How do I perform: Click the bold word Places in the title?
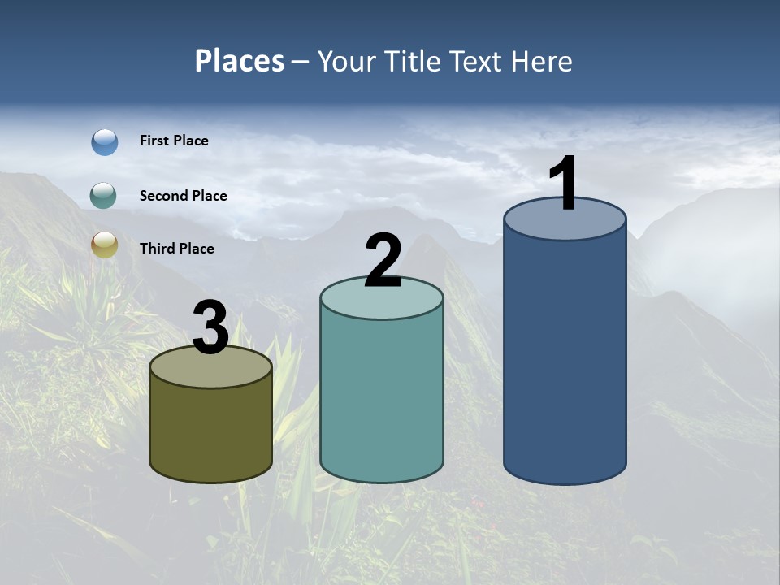240,61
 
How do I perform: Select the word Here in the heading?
542,61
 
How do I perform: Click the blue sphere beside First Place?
105,141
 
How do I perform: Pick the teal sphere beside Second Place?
105,195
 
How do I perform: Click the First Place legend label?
174,141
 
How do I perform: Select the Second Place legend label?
183,196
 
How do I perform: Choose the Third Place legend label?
176,249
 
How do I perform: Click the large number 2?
383,260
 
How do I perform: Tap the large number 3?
211,327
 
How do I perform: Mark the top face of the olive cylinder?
211,370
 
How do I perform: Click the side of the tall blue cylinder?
565,357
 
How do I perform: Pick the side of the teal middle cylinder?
382,398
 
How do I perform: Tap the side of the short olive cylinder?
211,435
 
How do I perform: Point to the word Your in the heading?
344,61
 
